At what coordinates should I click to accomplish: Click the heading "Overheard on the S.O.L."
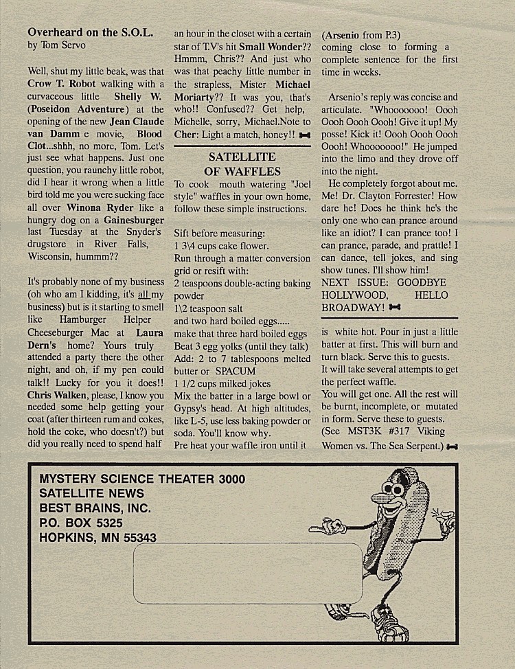pos(90,32)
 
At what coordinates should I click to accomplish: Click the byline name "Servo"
pos(71,45)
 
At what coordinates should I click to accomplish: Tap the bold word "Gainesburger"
pos(134,220)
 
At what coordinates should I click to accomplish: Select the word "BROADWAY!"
pos(352,308)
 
